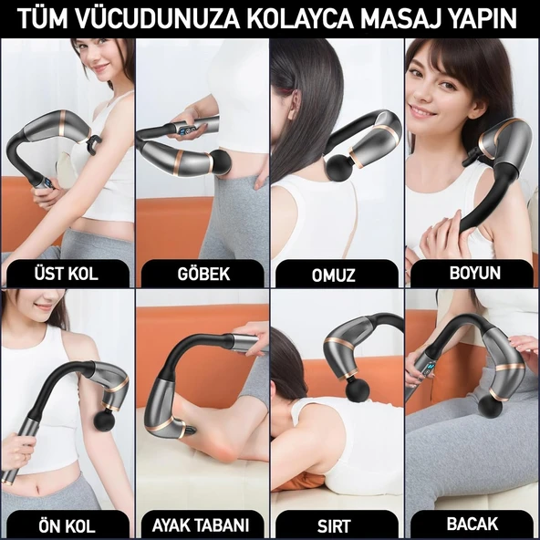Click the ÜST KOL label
click(67, 274)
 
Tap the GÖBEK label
click(202, 274)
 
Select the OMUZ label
click(336, 274)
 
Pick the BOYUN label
click(472, 273)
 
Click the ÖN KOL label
click(67, 525)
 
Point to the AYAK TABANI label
click(202, 525)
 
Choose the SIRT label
click(336, 525)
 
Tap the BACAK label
click(472, 524)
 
